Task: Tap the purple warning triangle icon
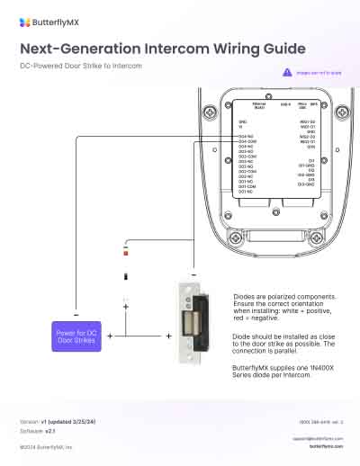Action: (x=286, y=71)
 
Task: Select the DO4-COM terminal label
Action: (x=247, y=141)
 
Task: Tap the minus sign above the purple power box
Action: (x=75, y=314)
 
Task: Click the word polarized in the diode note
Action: (x=280, y=295)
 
